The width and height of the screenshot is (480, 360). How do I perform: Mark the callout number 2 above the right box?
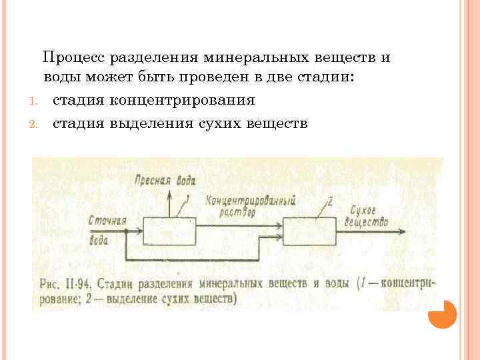(x=330, y=200)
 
